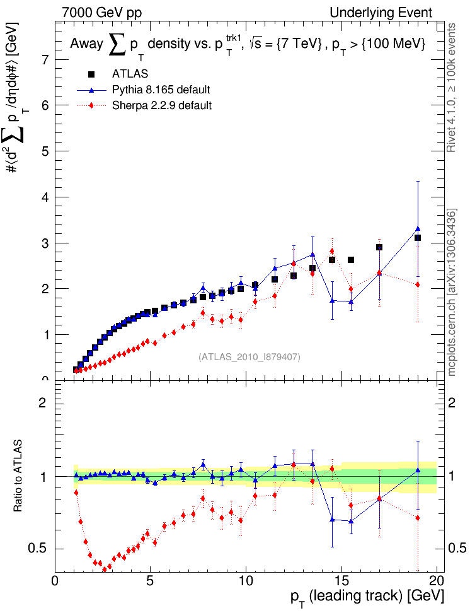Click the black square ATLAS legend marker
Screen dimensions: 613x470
91,74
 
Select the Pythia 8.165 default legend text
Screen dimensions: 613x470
161,90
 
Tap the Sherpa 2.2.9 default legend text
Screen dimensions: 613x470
161,105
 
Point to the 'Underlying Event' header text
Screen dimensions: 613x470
381,13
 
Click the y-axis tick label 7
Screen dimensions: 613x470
47,60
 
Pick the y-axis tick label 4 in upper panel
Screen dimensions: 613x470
47,197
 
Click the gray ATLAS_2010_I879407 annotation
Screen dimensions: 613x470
249,357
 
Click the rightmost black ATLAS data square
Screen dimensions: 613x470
418,238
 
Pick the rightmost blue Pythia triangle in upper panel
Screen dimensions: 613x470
418,228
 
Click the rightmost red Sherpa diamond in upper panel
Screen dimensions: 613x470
418,284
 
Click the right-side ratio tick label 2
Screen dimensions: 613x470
451,403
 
